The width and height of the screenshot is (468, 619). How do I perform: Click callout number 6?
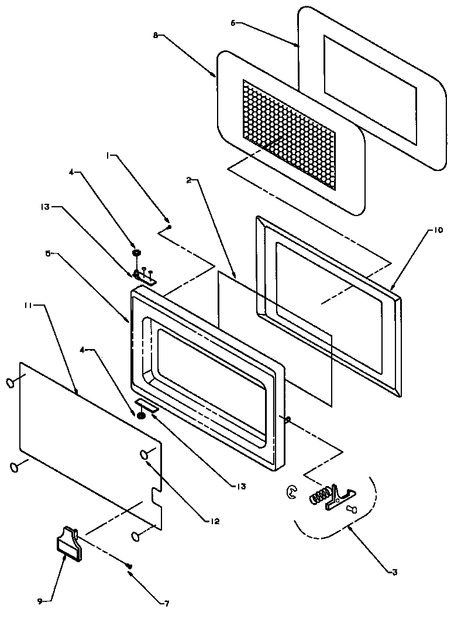[233, 23]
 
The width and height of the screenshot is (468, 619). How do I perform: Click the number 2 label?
[189, 181]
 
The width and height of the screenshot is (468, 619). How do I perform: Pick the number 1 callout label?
[109, 156]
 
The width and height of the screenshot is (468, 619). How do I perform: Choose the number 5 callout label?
[49, 254]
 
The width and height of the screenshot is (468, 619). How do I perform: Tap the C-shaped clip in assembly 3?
[291, 493]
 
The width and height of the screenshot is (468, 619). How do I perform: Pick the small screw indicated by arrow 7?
[130, 565]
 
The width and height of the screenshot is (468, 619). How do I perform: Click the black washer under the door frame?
[141, 415]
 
